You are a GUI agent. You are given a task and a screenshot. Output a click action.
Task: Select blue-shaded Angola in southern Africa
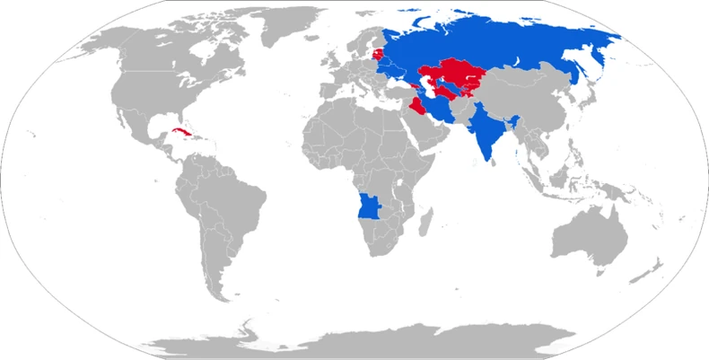(x=369, y=208)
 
